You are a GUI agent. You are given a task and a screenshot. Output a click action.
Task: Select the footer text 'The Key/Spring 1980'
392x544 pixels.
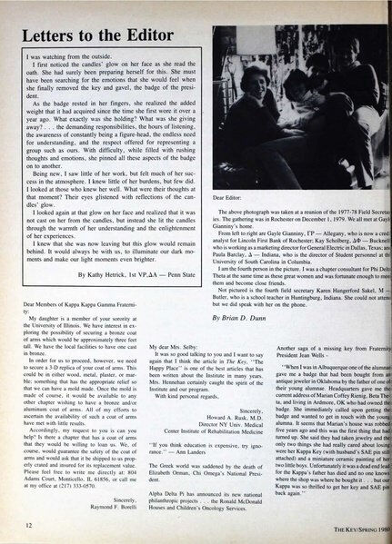click(352, 525)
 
